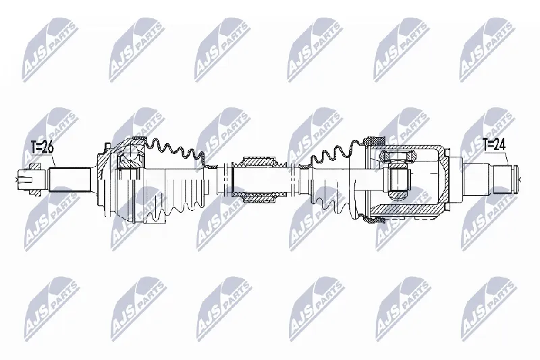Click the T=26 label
[42, 148]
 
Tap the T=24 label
[493, 145]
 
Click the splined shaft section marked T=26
[70, 180]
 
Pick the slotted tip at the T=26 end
[26, 179]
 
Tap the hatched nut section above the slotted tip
[36, 167]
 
